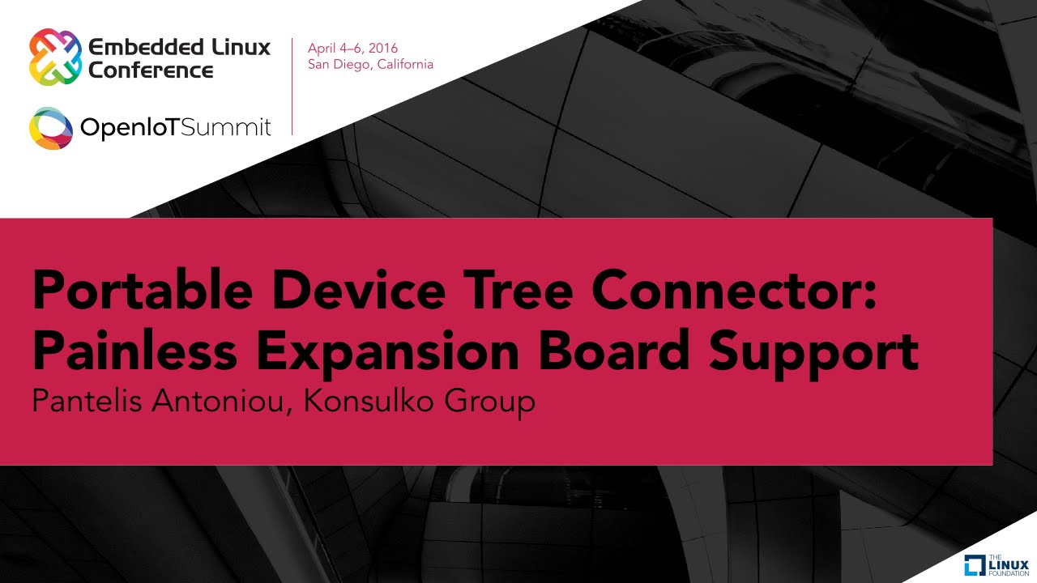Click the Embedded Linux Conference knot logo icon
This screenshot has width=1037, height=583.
[x=56, y=57]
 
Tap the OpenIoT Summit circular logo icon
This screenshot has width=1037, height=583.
[x=51, y=128]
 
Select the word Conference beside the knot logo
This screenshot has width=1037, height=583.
[x=151, y=70]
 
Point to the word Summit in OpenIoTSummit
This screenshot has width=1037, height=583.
[x=225, y=127]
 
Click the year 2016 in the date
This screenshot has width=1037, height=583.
[x=383, y=48]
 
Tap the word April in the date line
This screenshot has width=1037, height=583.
[x=322, y=49]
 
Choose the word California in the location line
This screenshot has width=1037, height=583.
[x=405, y=64]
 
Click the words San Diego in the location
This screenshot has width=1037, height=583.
[x=339, y=64]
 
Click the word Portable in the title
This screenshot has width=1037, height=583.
[x=143, y=290]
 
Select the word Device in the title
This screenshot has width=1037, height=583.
[x=359, y=290]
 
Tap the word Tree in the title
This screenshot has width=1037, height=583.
[x=518, y=290]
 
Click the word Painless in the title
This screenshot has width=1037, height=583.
[x=134, y=351]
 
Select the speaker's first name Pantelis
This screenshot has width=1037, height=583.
[x=87, y=401]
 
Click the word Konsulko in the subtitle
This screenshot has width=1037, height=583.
[x=368, y=401]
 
